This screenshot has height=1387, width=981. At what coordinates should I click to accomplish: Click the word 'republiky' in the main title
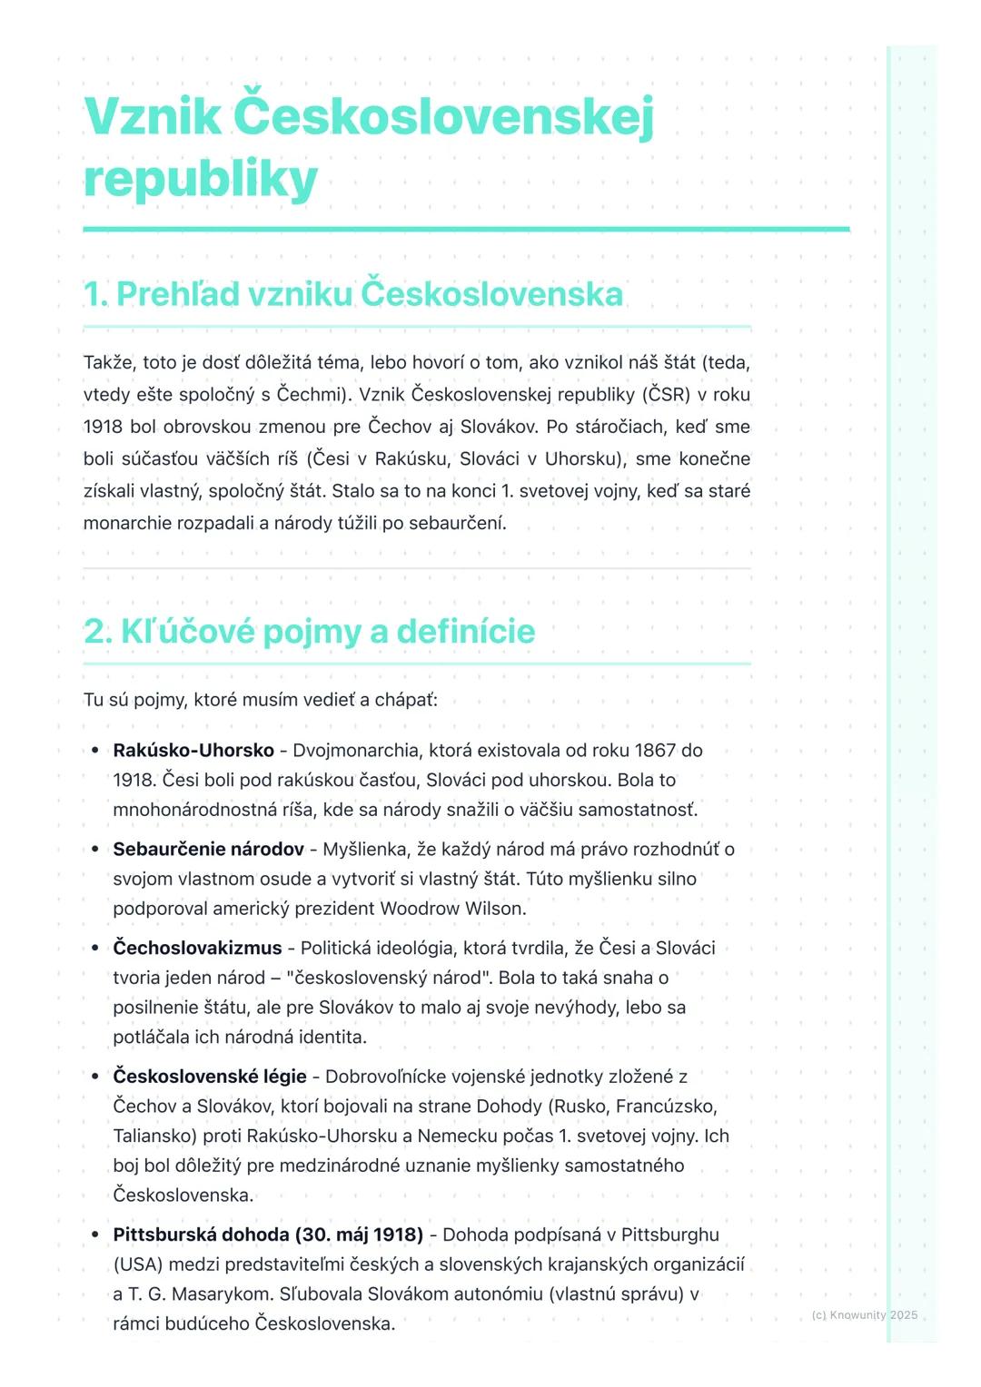[200, 179]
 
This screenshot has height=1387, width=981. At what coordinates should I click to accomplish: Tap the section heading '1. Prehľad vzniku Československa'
[353, 294]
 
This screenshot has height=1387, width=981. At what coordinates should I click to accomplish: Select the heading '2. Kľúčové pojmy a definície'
[309, 631]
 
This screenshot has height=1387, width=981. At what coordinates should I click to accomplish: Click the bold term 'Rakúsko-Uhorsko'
[193, 751]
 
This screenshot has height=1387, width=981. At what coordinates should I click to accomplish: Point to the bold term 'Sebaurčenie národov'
[208, 850]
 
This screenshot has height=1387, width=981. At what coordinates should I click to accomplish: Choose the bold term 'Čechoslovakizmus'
[197, 949]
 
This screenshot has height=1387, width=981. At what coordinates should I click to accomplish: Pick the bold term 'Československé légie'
[210, 1077]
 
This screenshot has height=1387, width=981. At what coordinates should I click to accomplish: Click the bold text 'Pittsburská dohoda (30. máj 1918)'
[268, 1235]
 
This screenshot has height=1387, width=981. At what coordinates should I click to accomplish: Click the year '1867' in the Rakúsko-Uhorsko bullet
[655, 751]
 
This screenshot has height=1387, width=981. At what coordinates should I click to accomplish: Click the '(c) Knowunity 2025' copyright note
[864, 1315]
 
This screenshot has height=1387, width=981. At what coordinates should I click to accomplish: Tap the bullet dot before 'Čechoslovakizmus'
[94, 949]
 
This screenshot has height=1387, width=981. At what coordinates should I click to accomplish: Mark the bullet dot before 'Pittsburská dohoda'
[94, 1235]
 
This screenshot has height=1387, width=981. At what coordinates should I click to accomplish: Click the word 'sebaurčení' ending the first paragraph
[461, 524]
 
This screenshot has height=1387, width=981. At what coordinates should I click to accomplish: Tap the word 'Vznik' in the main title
[152, 116]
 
